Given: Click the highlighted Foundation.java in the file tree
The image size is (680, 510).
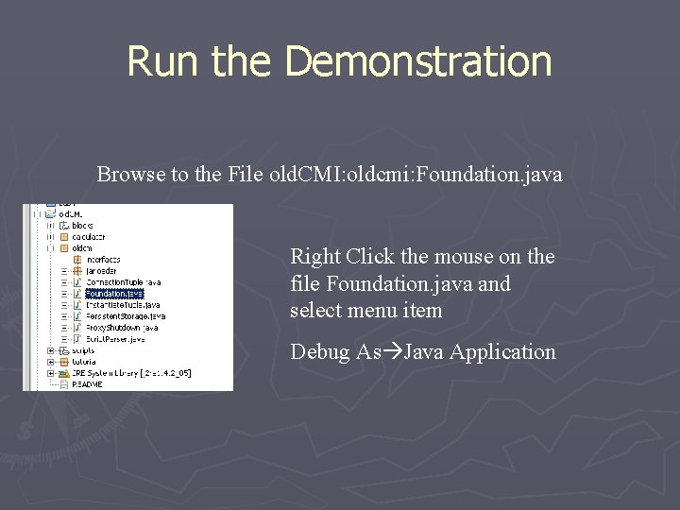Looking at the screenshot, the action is point(113,294).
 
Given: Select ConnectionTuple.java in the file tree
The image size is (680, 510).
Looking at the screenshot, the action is point(123,281).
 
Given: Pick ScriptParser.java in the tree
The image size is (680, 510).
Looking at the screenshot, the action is point(115,339).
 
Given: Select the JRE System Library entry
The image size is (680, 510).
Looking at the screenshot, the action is point(131,373).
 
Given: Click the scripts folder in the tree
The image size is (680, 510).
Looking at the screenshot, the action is point(83,350).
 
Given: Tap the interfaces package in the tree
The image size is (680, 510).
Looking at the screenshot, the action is point(102,259).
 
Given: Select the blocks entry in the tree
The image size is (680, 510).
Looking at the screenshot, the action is point(82,225).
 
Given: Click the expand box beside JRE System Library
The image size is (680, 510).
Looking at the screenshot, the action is point(50,373).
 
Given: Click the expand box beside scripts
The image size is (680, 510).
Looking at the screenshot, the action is point(50,350).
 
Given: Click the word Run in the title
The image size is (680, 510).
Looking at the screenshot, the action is point(162,61).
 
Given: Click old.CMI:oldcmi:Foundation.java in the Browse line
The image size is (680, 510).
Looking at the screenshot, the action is point(415,175).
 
